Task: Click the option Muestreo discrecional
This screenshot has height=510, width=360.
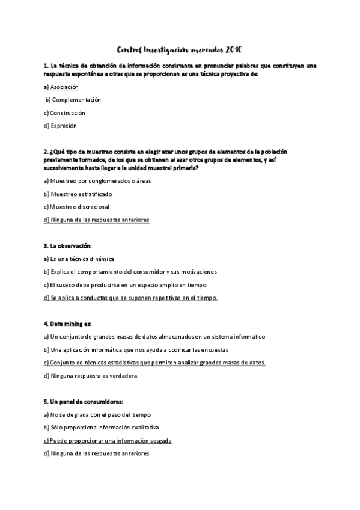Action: (x=76, y=207)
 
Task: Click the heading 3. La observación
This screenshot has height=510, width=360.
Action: (x=67, y=246)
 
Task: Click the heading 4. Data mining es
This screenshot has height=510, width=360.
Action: (x=67, y=324)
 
